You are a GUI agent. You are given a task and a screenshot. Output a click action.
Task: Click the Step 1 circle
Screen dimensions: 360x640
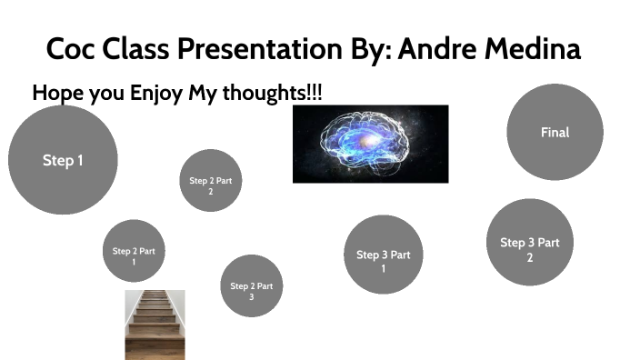coord(63,160)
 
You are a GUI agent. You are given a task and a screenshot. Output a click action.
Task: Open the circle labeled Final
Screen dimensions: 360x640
coord(555,133)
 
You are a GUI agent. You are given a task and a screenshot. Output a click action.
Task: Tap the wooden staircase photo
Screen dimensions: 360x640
coord(155,325)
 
